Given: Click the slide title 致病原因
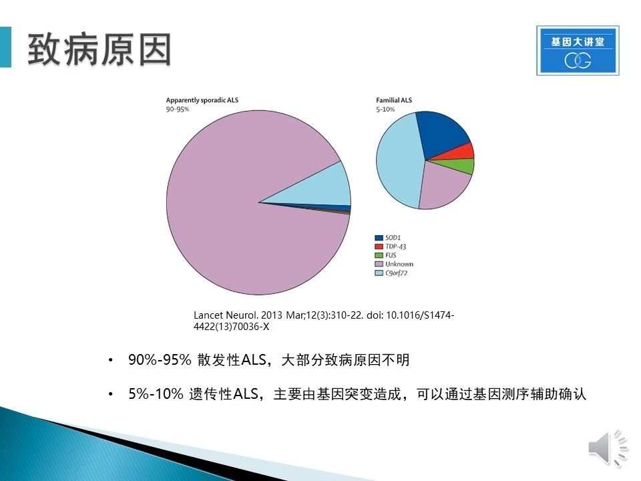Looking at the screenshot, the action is tap(99, 49).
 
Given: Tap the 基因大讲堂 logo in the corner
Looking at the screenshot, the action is tap(578, 50).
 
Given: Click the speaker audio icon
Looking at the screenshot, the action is tap(608, 448).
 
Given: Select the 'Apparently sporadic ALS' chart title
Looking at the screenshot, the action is tap(202, 100).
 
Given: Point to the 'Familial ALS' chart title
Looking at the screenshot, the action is tap(394, 100).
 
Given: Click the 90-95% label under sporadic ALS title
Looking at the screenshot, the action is tap(178, 109).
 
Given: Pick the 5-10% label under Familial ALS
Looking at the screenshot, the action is tap(385, 109).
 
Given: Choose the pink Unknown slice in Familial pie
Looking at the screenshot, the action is tap(441, 186).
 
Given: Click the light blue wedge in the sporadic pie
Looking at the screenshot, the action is tap(323, 188).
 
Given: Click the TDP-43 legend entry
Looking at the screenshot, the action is tap(391, 247).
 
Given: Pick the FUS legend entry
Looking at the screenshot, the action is tap(385, 255).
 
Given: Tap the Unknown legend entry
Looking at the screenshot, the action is tap(394, 265).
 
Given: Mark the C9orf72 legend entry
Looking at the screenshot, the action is tap(391, 273).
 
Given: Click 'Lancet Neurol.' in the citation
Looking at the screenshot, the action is tap(226, 315).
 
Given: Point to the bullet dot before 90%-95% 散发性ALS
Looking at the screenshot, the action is tap(110, 360).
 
